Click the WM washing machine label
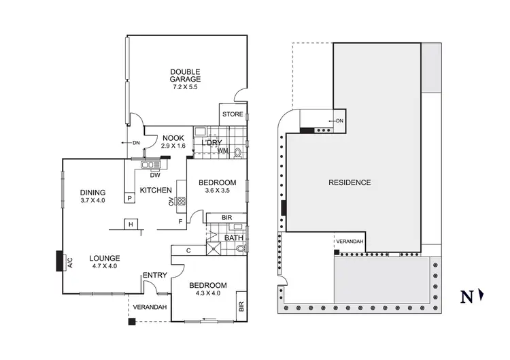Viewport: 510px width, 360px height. click(222, 151)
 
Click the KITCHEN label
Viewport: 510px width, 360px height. click(155, 191)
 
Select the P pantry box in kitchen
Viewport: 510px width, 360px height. click(129, 198)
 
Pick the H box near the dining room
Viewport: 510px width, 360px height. click(129, 224)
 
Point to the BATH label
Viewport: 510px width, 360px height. click(233, 238)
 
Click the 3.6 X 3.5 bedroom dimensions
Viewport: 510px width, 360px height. click(218, 191)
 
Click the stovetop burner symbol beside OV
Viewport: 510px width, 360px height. click(181, 201)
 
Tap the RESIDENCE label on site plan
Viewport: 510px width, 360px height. click(350, 182)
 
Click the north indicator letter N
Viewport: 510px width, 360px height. click(467, 297)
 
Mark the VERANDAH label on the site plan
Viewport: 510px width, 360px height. click(350, 242)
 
